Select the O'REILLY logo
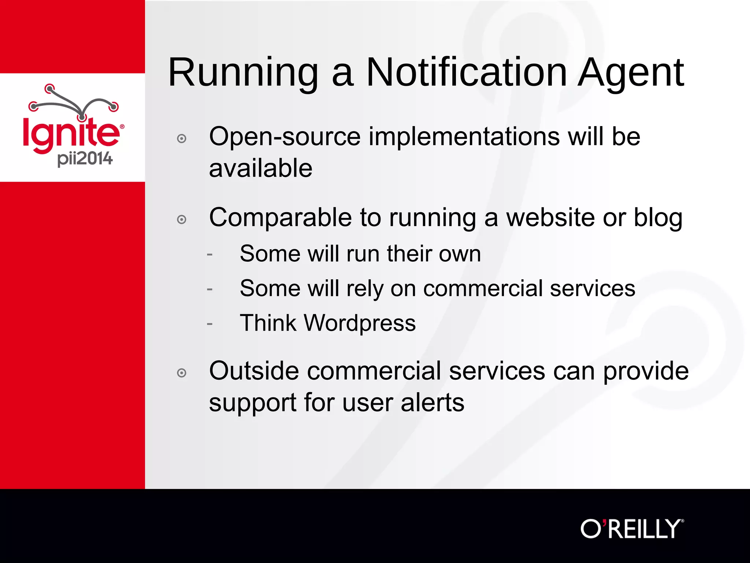coord(632,529)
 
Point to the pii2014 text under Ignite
coord(85,159)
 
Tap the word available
coord(260,169)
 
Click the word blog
coord(658,218)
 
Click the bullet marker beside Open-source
coord(182,139)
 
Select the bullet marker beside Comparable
coord(182,220)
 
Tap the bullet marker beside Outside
coord(182,373)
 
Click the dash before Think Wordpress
coord(209,324)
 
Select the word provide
coord(646,371)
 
